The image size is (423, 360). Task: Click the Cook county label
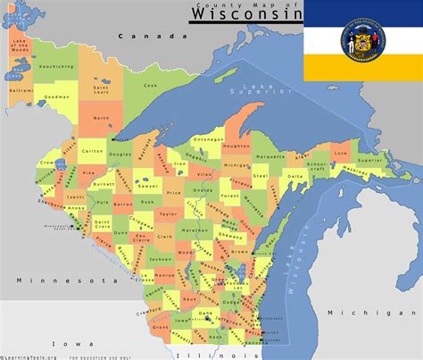(150, 85)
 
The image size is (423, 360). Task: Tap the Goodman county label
(56, 95)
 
